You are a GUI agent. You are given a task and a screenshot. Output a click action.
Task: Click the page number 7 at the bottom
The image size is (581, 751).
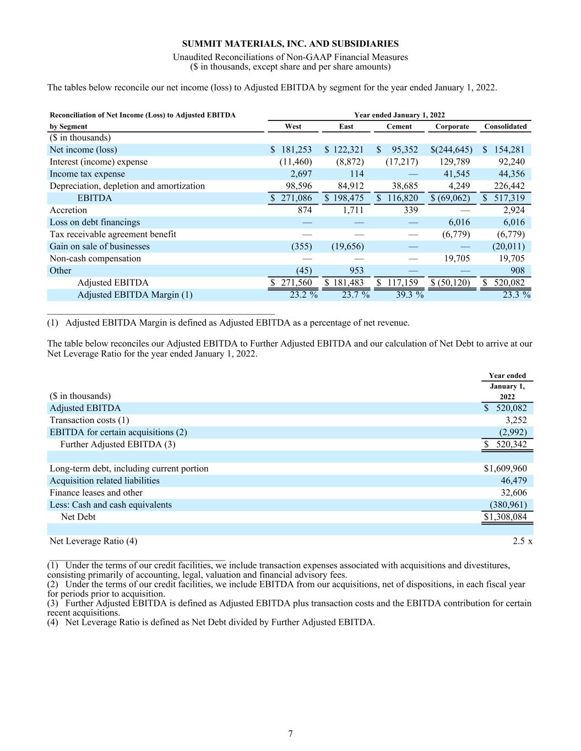290,733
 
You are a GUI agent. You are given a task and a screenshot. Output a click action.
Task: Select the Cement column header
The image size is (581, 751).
399,127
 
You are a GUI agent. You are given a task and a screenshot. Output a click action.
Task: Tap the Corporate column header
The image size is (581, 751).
452,127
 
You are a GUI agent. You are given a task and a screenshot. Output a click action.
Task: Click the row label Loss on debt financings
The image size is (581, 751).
95,222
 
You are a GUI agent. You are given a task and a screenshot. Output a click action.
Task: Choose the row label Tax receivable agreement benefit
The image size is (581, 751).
113,234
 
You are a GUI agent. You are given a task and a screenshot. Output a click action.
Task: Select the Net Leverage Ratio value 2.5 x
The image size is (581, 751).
522,541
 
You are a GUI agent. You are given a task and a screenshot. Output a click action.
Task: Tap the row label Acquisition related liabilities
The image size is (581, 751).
105,481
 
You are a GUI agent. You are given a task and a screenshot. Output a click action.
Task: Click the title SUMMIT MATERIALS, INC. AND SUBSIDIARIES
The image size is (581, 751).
290,44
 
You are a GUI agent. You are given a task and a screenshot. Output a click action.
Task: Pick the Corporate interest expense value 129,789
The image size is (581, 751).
453,162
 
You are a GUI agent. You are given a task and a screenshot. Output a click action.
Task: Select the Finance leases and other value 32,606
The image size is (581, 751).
513,493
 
